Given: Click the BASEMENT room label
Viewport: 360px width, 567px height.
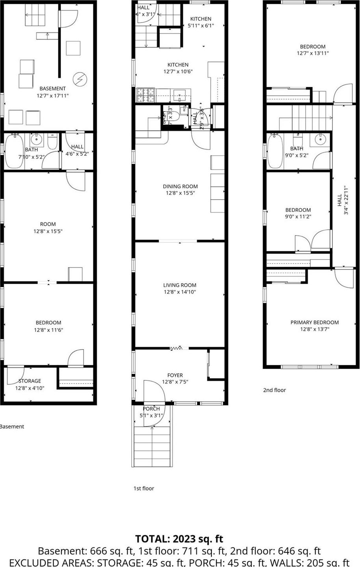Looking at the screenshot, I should click(52, 88).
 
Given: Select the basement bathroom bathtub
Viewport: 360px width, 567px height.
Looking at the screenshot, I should click(15, 152).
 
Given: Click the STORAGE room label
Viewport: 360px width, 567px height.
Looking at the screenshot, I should click(30, 381).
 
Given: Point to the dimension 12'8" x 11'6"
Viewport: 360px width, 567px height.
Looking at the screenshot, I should click(48, 330).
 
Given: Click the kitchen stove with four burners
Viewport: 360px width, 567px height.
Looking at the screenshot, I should click(146, 95).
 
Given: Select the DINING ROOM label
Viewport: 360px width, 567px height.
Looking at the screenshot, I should click(180, 186).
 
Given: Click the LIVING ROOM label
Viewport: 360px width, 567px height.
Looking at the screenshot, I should click(180, 285).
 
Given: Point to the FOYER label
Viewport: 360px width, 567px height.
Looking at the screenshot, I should click(175, 375).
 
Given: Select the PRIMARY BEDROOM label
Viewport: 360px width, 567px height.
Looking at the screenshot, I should click(314, 322).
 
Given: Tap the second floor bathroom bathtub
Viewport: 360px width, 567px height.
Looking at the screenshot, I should click(274, 152).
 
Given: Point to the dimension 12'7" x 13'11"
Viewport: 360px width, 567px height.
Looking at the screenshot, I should click(313, 53).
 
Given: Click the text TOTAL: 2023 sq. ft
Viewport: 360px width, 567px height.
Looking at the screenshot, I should click(179, 539).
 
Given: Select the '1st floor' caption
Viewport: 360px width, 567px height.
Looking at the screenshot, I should click(144, 488).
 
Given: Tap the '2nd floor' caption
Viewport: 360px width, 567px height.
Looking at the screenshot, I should click(274, 390).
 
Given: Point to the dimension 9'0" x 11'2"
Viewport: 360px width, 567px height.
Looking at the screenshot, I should click(298, 216).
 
